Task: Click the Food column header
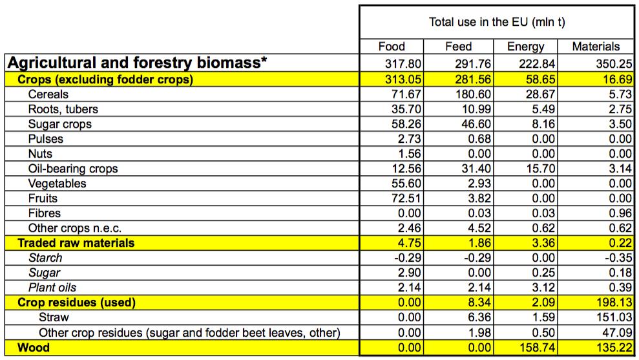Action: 392,47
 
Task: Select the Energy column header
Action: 526,47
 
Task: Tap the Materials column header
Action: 596,47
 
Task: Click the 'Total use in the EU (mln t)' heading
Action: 497,22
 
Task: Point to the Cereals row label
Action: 48,94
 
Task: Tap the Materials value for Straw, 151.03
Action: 603,317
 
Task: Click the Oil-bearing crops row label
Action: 73,169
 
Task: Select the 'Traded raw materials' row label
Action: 76,243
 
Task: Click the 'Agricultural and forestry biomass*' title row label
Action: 136,63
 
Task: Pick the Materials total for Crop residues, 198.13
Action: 603,302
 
